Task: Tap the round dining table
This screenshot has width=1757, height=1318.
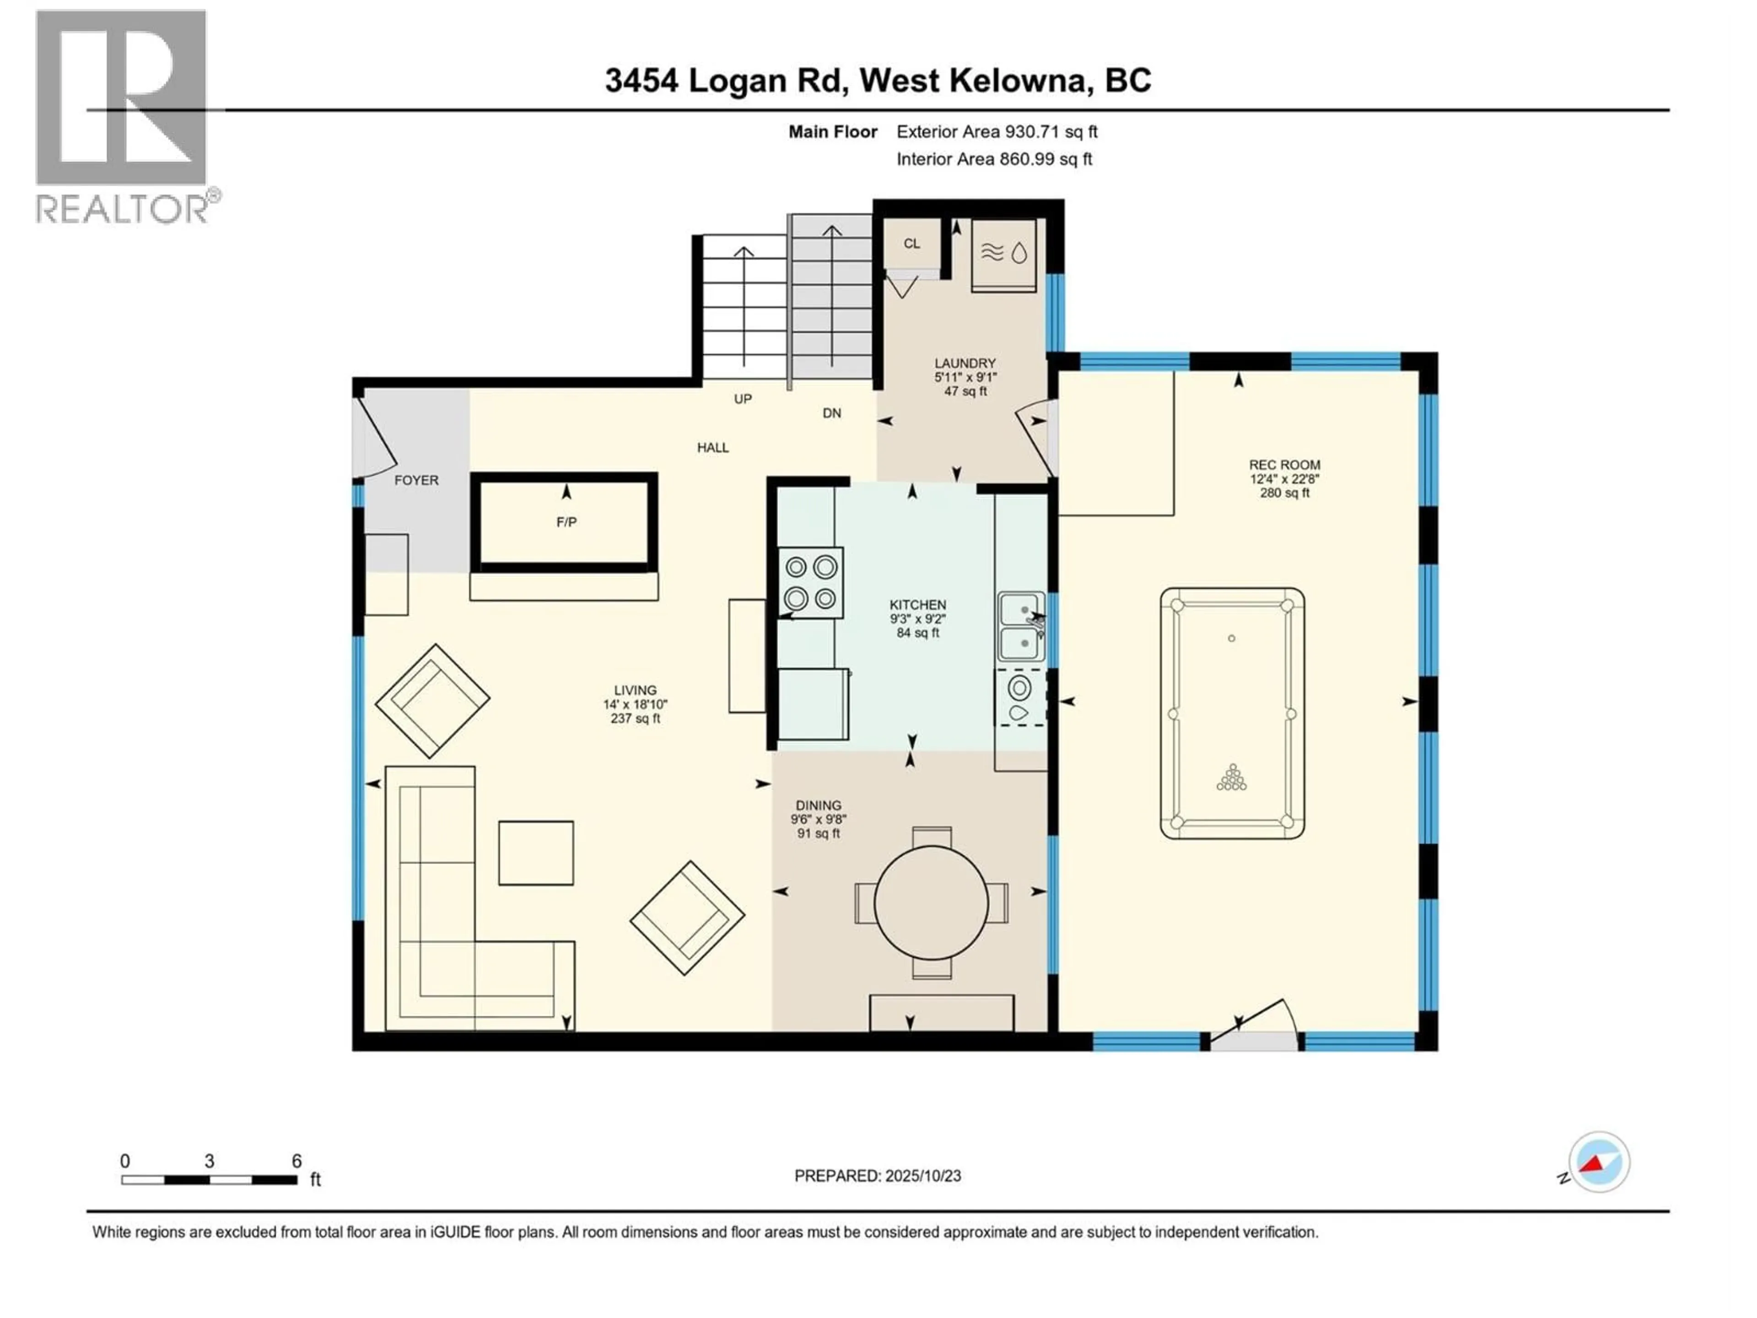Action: [x=931, y=902]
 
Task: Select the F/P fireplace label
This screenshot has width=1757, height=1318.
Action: [x=566, y=522]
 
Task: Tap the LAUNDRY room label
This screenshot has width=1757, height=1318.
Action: [x=965, y=363]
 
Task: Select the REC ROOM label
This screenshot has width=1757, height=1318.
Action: [x=1284, y=465]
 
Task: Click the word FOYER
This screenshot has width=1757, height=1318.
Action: [x=416, y=480]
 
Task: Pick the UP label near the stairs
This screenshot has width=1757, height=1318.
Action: [x=743, y=399]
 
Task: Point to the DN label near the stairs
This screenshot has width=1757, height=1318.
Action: [x=832, y=413]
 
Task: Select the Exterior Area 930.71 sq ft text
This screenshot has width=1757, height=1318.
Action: [x=997, y=132]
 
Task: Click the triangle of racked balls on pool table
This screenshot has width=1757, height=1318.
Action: [x=1232, y=778]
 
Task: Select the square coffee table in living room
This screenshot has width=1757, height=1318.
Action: [x=536, y=853]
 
